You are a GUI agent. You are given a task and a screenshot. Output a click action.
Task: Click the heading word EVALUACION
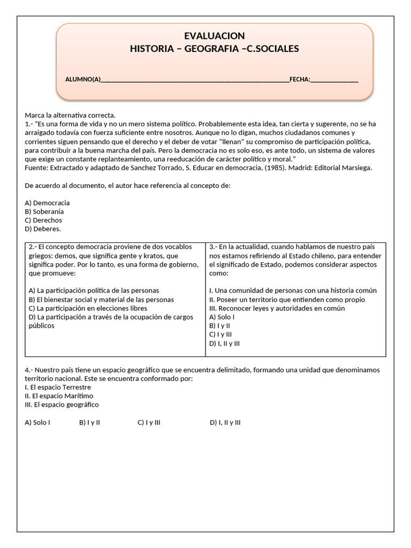214,36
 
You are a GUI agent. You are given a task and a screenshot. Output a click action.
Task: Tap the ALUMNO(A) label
83,80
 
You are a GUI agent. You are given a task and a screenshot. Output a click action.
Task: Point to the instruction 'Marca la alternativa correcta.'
70,115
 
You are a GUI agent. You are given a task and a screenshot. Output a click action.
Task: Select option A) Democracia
47,203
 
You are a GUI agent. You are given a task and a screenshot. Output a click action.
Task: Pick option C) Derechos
43,220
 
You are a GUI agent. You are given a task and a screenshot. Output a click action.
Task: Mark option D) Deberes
43,229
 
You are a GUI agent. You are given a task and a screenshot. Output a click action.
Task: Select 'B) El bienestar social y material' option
101,300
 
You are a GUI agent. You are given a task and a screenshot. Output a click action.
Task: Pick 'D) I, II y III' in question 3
224,343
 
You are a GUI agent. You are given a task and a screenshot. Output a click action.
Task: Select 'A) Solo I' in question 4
37,422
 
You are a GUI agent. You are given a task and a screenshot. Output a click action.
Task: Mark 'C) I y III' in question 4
149,422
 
